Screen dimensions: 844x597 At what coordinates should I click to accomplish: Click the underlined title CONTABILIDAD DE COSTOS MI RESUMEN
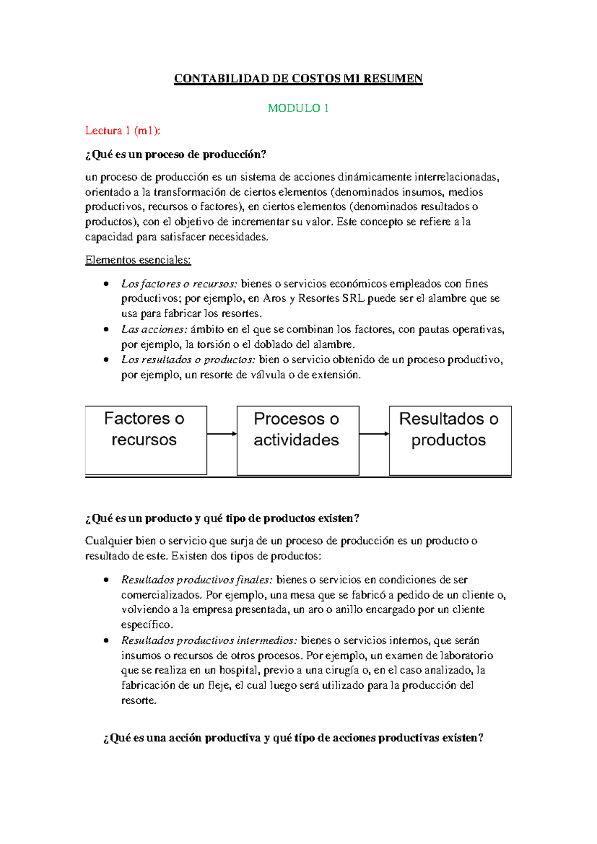(x=298, y=79)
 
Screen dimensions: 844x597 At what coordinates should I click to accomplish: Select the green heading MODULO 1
(x=298, y=108)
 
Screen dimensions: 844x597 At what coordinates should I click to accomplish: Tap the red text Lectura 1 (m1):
(x=123, y=131)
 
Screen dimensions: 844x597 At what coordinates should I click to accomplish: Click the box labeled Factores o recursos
(x=146, y=440)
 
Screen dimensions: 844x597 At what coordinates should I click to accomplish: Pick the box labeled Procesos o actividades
(x=298, y=440)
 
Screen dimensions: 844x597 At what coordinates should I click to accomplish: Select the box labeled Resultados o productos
(x=450, y=440)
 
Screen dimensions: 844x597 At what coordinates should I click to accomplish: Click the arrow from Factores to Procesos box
(x=222, y=433)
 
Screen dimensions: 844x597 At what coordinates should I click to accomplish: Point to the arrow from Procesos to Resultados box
(x=374, y=433)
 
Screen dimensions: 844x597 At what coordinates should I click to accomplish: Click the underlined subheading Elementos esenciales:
(x=138, y=260)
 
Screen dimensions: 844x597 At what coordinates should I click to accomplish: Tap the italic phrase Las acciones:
(x=154, y=329)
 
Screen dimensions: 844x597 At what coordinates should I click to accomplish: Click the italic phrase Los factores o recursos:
(x=179, y=284)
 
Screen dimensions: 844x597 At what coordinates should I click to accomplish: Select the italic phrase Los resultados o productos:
(x=188, y=360)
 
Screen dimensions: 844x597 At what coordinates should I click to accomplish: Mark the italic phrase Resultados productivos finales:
(x=197, y=580)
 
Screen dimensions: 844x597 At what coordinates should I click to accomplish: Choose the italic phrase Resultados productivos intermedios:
(x=209, y=640)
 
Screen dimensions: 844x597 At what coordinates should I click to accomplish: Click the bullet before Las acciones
(x=106, y=329)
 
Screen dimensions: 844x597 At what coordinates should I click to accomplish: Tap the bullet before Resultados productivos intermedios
(x=106, y=640)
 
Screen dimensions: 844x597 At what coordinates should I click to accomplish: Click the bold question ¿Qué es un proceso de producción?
(x=176, y=155)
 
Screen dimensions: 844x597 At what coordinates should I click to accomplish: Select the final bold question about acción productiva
(x=293, y=738)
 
